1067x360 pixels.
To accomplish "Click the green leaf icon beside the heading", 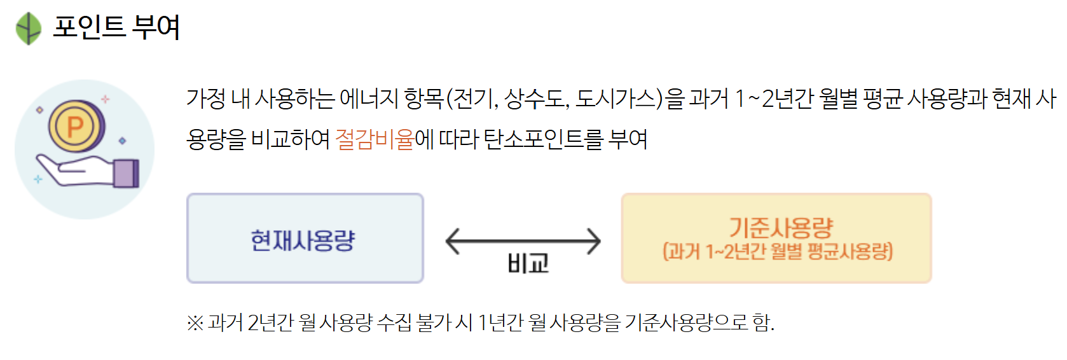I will (28, 29).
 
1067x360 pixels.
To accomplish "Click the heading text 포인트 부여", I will (116, 27).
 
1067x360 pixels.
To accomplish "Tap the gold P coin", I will (76, 126).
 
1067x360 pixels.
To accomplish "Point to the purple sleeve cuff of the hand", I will (126, 173).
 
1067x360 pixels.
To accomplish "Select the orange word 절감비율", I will (375, 139).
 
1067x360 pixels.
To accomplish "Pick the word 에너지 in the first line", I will (369, 99).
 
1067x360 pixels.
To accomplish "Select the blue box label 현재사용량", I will (303, 240).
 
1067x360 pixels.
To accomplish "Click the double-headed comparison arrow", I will (523, 241).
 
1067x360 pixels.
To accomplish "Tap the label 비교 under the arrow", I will (528, 263).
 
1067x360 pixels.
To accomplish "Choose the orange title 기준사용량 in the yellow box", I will (780, 227).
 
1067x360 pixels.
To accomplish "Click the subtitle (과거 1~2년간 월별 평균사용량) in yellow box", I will (778, 252).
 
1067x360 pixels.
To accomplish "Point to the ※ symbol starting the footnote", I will (195, 323).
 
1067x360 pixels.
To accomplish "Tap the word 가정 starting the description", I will (206, 99).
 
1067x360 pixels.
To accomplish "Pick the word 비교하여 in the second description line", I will (291, 139).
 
